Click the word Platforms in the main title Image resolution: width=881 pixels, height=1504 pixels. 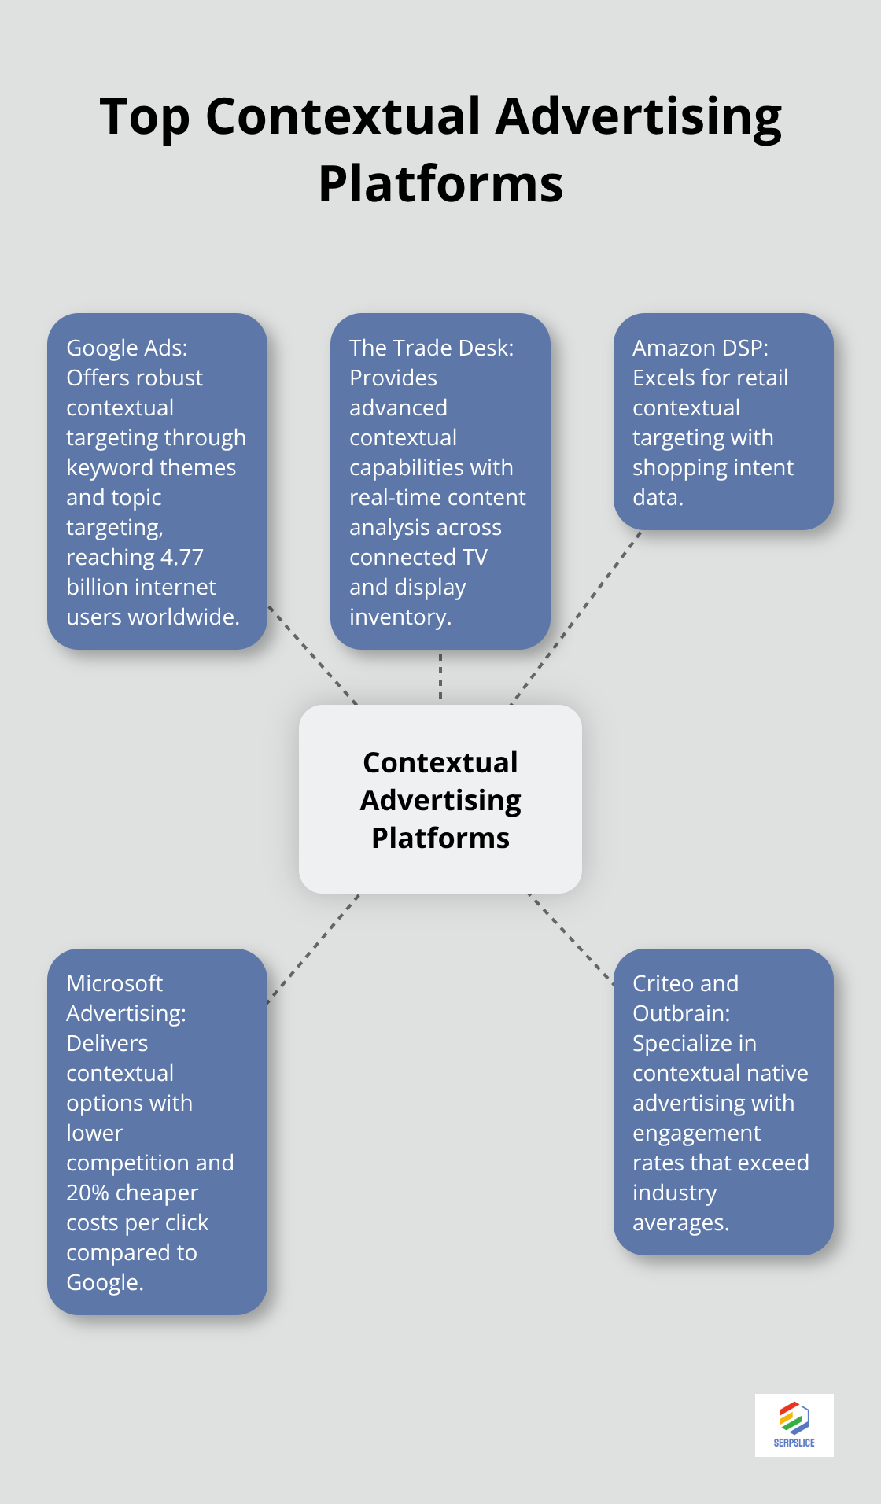coord(440,184)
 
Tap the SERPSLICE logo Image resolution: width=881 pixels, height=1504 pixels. coord(794,1425)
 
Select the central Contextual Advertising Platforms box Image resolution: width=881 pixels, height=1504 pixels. coord(440,799)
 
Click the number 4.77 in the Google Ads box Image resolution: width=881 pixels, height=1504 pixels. coord(182,557)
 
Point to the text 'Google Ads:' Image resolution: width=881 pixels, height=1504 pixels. coord(127,348)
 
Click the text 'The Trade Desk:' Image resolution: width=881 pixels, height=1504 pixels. coord(431,348)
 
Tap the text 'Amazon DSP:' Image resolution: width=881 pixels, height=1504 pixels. coord(700,348)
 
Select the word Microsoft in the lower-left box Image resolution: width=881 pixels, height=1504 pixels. coord(114,983)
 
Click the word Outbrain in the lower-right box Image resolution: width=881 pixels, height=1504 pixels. coord(681,1013)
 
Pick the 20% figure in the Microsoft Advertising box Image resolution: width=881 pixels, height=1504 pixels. coord(87,1193)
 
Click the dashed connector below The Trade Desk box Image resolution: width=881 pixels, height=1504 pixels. coord(440,676)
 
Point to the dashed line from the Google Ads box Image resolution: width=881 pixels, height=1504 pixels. coord(312,654)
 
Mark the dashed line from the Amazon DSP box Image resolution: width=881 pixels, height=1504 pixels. coord(577,616)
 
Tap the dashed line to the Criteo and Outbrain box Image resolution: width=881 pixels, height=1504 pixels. coord(570,937)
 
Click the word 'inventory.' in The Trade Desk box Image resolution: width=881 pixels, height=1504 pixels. coord(400,617)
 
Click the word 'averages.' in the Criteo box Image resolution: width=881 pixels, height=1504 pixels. coord(680,1222)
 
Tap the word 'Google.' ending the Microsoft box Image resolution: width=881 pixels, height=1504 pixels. coord(105,1282)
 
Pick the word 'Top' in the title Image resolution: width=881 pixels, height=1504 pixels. coord(145,116)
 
